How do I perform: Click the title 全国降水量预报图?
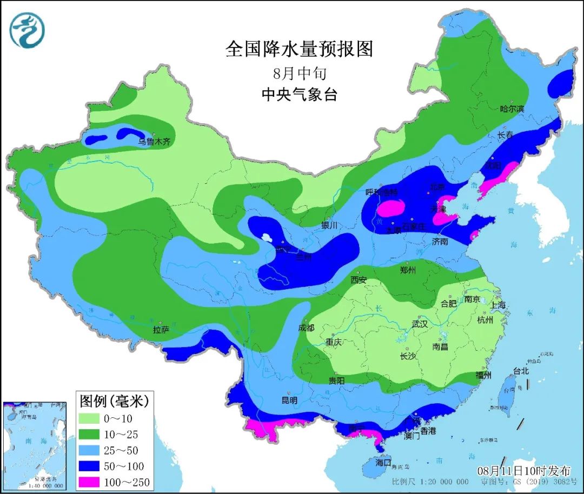coord(299,49)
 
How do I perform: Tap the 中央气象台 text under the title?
coord(299,95)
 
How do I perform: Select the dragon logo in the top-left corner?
coord(27,30)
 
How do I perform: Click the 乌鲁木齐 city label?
coord(154,142)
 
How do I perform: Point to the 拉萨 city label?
coord(161,329)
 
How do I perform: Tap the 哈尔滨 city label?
coord(512,109)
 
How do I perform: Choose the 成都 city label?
coord(306,328)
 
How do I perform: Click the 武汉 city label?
coord(420,324)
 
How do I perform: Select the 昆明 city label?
coord(289,400)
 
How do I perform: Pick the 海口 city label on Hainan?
coord(383,463)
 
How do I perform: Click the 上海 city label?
coord(498,305)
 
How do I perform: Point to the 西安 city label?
coord(359,280)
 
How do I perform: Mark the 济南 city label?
coord(440,242)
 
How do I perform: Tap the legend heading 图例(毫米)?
coord(114,401)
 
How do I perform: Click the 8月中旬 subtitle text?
coord(299,72)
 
